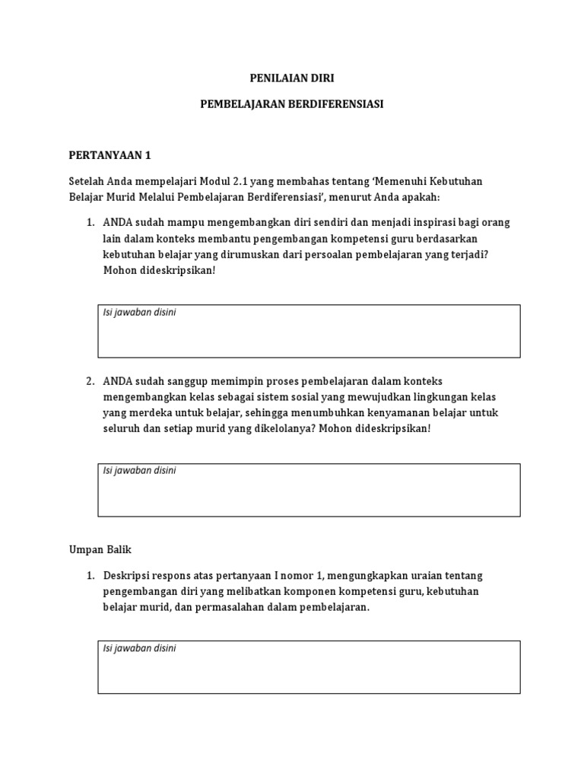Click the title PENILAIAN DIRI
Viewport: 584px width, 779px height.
click(292, 78)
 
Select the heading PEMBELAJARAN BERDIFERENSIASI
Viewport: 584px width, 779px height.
click(292, 104)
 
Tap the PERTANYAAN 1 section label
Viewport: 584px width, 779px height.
click(110, 155)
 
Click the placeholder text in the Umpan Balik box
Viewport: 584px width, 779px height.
click(139, 648)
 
